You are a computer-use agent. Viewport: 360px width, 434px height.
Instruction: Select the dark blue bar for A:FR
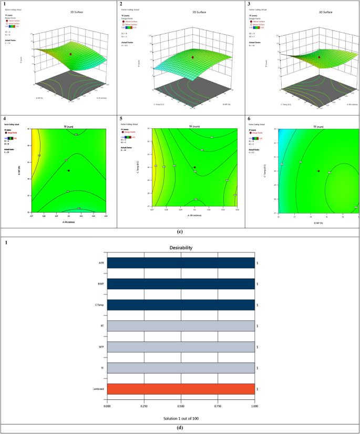click(x=181, y=263)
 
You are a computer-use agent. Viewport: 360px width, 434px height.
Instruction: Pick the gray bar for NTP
click(x=181, y=348)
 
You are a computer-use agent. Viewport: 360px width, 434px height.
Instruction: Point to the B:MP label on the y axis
click(x=100, y=285)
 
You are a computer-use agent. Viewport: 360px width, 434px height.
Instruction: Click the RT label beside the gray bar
click(x=101, y=327)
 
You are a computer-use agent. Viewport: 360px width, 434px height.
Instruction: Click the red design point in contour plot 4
click(x=68, y=170)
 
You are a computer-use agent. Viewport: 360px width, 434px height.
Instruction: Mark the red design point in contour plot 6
click(x=318, y=171)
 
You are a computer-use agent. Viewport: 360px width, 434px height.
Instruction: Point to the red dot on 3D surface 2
click(x=193, y=57)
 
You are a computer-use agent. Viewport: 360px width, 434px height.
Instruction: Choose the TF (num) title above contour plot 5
click(x=196, y=127)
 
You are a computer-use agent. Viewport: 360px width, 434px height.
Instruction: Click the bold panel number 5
click(x=122, y=119)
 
